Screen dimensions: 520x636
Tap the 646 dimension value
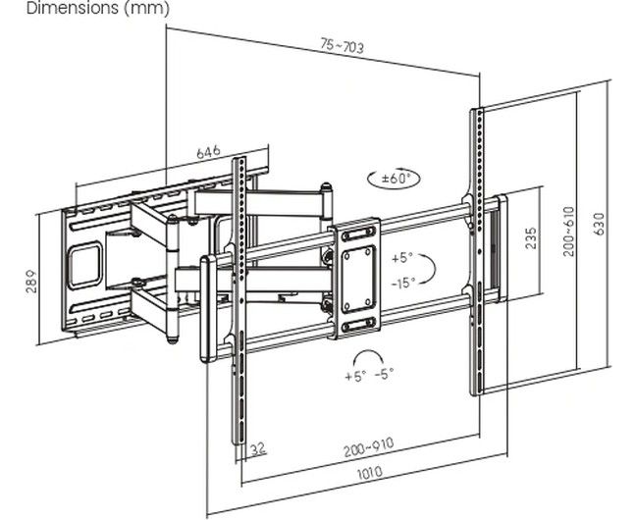[208, 153]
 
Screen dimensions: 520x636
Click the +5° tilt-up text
[402, 259]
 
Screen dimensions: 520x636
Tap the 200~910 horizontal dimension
[368, 445]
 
